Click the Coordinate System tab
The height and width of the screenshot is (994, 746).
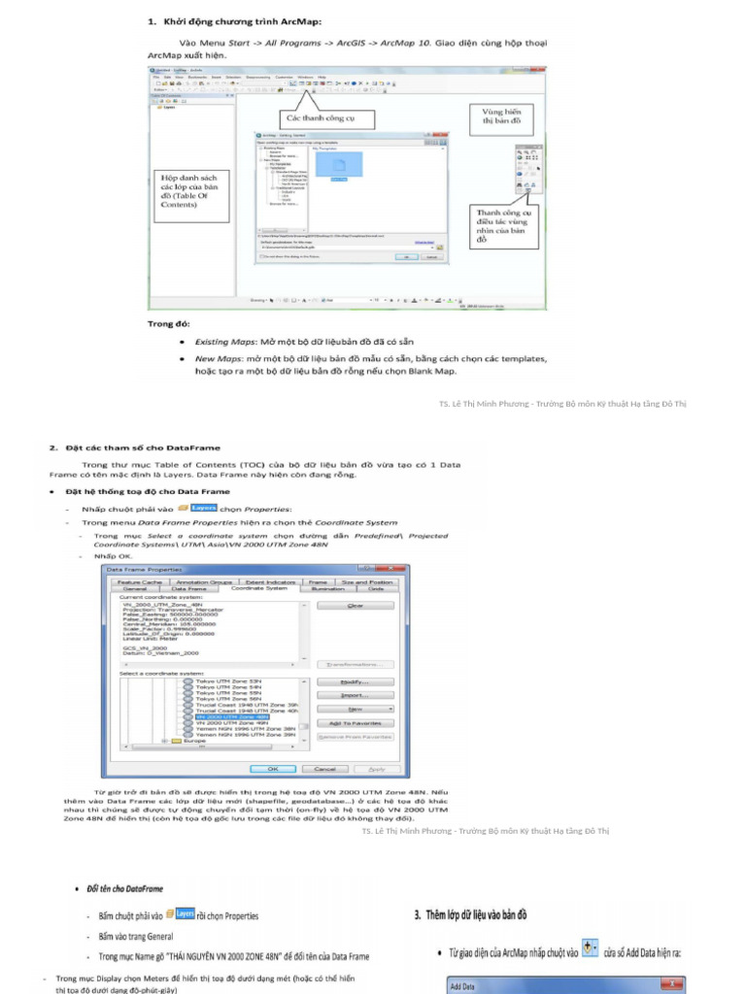[x=258, y=588]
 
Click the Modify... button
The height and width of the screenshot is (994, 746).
[x=354, y=682]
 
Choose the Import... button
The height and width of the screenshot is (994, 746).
[x=354, y=695]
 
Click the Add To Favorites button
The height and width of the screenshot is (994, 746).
[x=354, y=723]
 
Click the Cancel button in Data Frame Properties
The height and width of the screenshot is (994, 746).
[x=325, y=768]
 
